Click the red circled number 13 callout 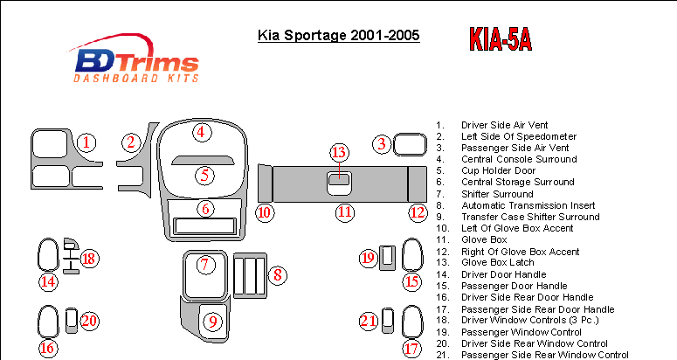pyautogui.click(x=339, y=152)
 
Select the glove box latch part pyautogui.click(x=339, y=183)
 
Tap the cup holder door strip pyautogui.click(x=203, y=161)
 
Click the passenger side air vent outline pyautogui.click(x=410, y=144)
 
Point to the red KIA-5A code pyautogui.click(x=501, y=39)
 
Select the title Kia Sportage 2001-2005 pyautogui.click(x=339, y=35)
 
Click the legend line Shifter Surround pyautogui.click(x=497, y=194)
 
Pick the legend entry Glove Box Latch pyautogui.click(x=497, y=262)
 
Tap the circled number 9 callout pyautogui.click(x=213, y=322)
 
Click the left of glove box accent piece pyautogui.click(x=265, y=183)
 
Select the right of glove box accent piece pyautogui.click(x=417, y=183)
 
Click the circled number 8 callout pyautogui.click(x=278, y=274)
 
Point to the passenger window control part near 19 pyautogui.click(x=387, y=258)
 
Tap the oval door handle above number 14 pyautogui.click(x=48, y=255)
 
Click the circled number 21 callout pyautogui.click(x=369, y=321)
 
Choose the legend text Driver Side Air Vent pyautogui.click(x=504, y=125)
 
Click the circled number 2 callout pyautogui.click(x=131, y=142)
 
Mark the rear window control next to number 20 pyautogui.click(x=72, y=321)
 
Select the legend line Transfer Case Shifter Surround pyautogui.click(x=530, y=217)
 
